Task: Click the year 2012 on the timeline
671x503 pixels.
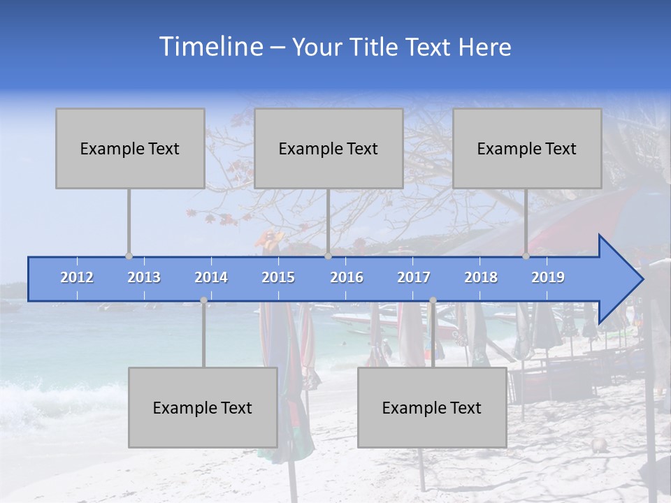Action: [x=77, y=277]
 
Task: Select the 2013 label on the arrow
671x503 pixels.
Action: [x=144, y=277]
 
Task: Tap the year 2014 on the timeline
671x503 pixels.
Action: [x=211, y=277]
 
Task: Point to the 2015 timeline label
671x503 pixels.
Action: [x=278, y=277]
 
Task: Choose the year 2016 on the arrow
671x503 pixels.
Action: [x=347, y=277]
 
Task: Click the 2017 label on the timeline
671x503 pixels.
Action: [x=414, y=277]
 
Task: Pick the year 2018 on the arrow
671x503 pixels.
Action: [x=481, y=277]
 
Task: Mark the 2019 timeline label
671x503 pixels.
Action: [x=548, y=277]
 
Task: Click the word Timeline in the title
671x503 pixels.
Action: [x=210, y=47]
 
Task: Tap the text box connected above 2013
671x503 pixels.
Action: [x=130, y=148]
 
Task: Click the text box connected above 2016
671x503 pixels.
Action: [x=329, y=148]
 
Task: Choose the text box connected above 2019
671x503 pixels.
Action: [x=527, y=148]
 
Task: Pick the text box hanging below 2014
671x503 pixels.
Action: [x=203, y=407]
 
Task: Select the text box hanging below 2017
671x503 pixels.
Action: [x=432, y=407]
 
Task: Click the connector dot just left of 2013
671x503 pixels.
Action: [x=129, y=256]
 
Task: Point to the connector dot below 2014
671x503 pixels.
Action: [x=203, y=300]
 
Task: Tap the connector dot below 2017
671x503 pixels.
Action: [x=433, y=300]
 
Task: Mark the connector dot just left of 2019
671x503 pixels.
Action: [x=526, y=256]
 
